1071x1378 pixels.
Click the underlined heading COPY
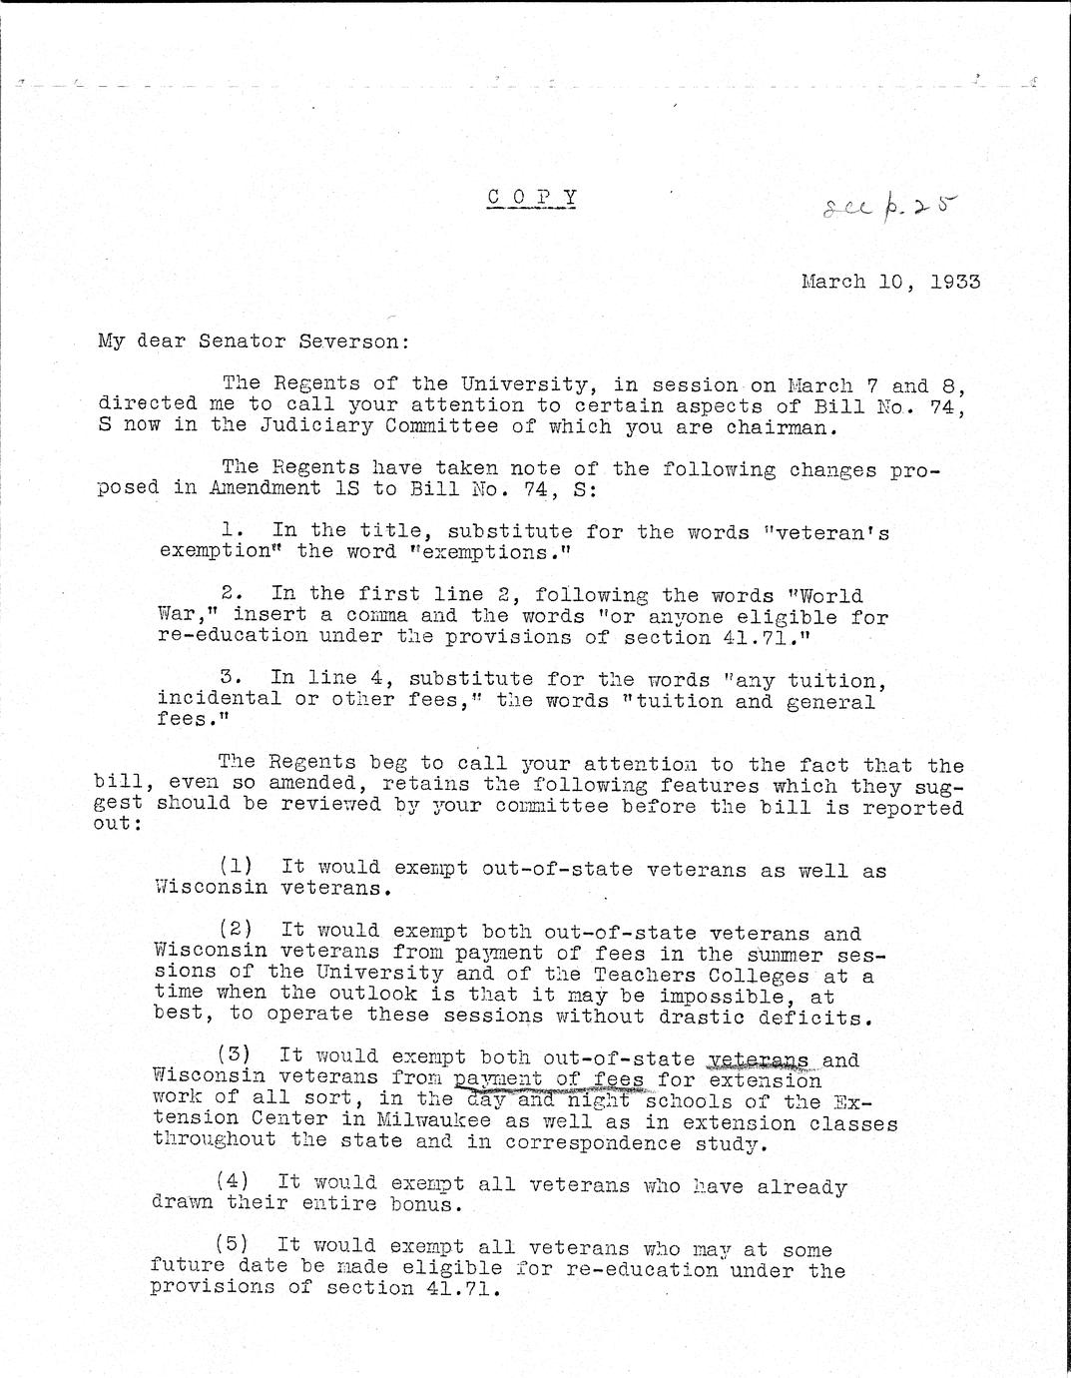pos(532,197)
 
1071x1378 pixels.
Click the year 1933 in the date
pos(954,282)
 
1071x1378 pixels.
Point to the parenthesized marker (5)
pos(233,1245)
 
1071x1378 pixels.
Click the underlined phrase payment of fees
pos(548,1079)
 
